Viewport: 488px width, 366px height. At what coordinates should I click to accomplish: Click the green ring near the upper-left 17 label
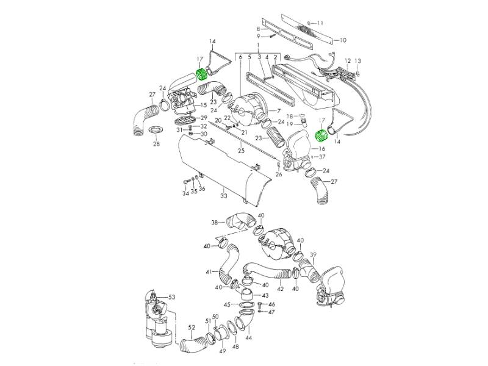[200, 77]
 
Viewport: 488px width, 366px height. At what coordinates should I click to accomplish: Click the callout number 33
[224, 196]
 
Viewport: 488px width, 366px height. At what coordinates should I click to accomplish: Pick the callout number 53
[171, 297]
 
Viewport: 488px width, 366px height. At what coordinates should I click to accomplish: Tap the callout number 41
[209, 271]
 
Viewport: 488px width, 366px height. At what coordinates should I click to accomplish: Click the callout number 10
[343, 40]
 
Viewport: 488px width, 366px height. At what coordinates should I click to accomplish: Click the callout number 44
[248, 337]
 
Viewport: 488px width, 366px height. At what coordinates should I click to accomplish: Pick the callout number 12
[348, 61]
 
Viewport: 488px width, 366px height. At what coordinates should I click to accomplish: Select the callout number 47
[271, 312]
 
